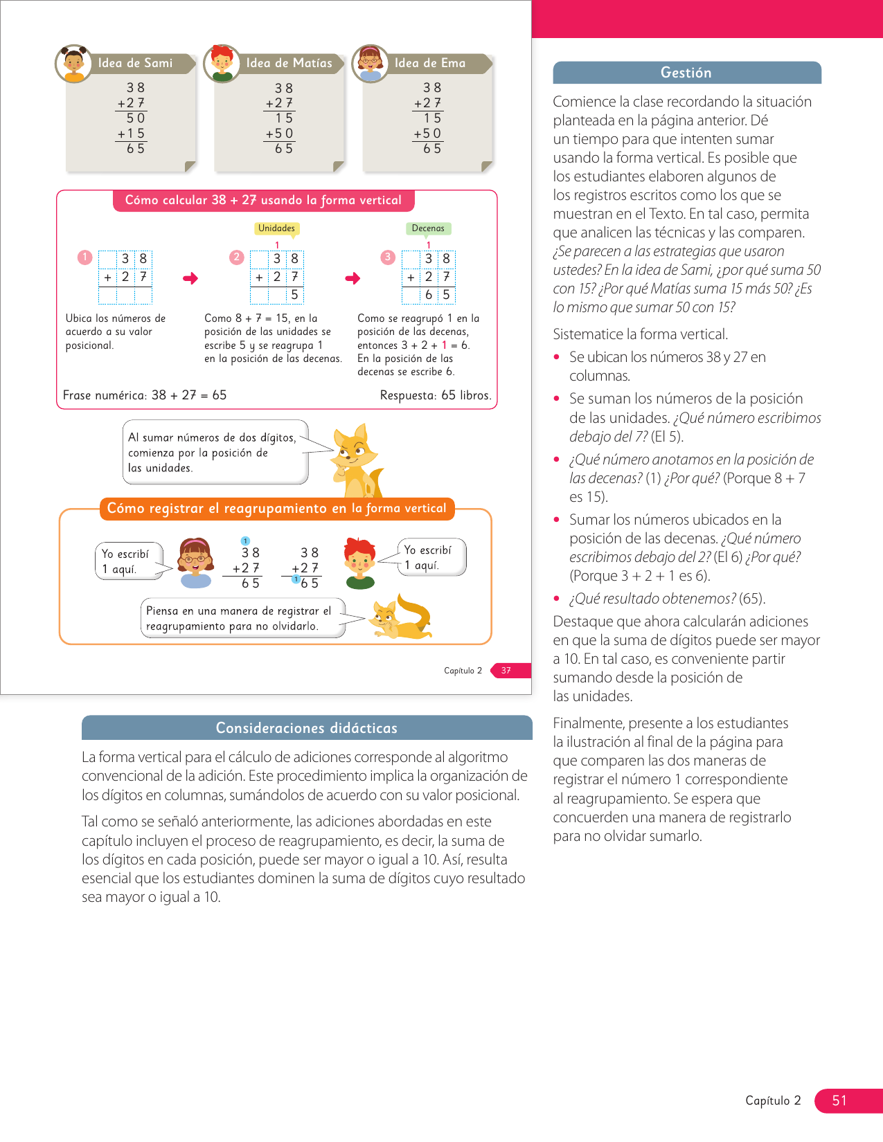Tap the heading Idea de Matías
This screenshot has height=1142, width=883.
(x=289, y=63)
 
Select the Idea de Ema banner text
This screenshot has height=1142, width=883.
(x=429, y=63)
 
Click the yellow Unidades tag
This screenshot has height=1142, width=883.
(x=276, y=228)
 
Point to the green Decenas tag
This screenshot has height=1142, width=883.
(x=428, y=228)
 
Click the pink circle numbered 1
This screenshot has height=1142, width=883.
(x=84, y=257)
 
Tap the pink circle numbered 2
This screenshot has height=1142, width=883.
(x=237, y=257)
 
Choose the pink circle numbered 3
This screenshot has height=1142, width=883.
(x=388, y=257)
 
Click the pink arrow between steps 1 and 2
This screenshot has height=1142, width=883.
(x=190, y=278)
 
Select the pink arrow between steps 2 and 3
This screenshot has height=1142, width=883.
(x=353, y=278)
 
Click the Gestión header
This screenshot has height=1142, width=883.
(x=686, y=73)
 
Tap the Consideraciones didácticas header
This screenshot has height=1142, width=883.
(x=307, y=727)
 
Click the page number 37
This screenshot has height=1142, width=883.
(x=506, y=670)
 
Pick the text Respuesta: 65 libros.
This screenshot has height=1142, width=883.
(x=436, y=395)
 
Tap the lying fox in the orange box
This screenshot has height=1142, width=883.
(x=401, y=617)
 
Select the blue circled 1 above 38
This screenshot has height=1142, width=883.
(x=245, y=541)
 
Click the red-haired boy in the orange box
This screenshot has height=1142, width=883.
(x=360, y=563)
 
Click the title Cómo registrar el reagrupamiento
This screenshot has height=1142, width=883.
(x=276, y=508)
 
